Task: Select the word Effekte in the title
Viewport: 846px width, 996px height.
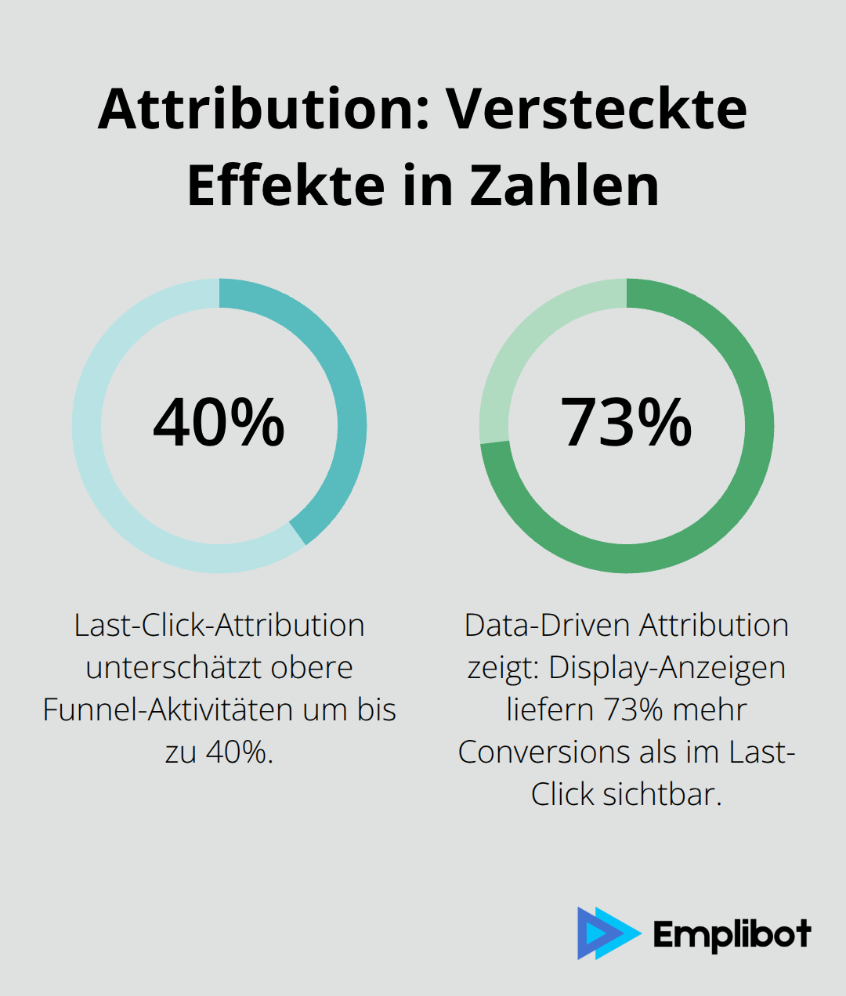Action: (x=287, y=186)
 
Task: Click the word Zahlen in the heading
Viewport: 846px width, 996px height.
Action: (x=564, y=186)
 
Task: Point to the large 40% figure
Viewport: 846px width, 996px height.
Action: (x=219, y=423)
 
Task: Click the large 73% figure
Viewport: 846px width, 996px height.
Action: (x=626, y=423)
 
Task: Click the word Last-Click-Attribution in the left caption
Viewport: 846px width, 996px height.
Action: (x=219, y=626)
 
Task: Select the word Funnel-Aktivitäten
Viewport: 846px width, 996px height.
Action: (x=172, y=710)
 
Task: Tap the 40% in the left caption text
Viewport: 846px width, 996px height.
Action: (x=239, y=752)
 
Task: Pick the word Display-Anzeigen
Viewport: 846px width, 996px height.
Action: (x=667, y=668)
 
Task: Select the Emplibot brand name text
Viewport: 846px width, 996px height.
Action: (x=732, y=934)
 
